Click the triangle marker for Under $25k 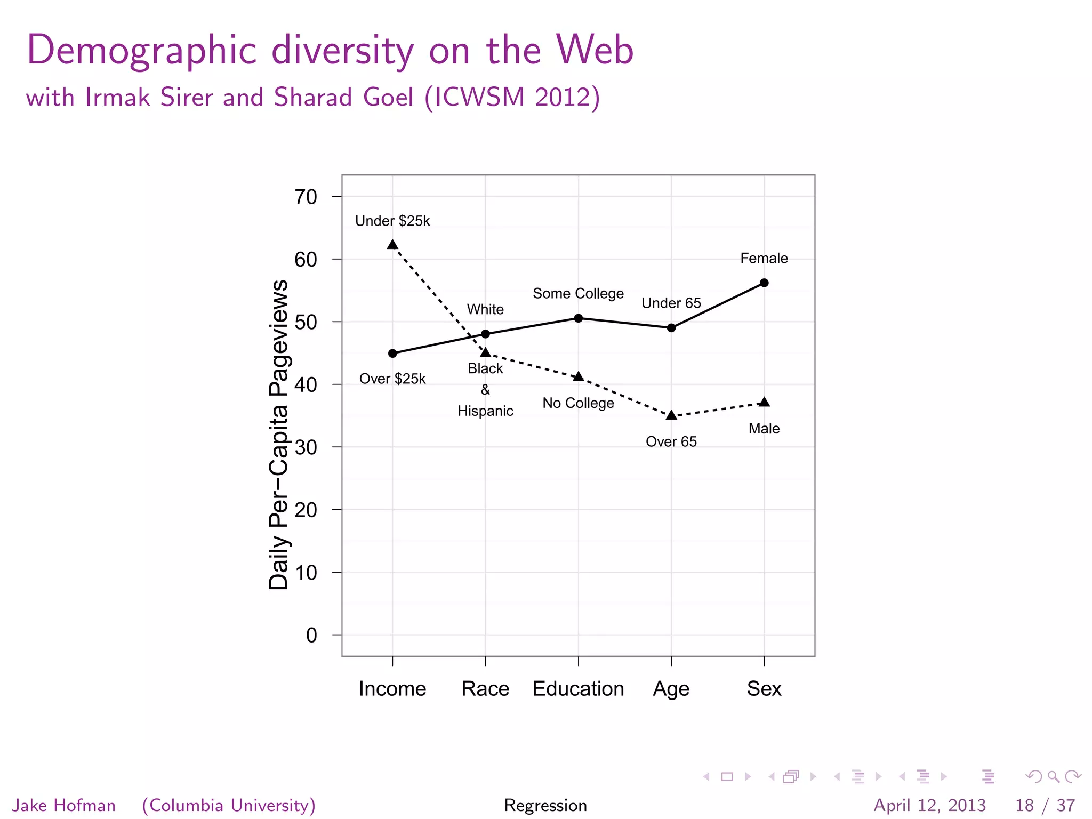392,245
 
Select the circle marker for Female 764,283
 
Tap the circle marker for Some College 579,318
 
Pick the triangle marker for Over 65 671,415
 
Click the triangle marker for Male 764,402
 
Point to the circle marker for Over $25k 392,354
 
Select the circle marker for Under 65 671,328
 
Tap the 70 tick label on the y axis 306,197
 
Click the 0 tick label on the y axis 311,636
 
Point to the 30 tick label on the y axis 306,447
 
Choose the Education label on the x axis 578,689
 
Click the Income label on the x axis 392,689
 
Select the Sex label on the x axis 764,689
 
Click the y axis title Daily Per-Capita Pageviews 279,435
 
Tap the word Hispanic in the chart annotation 485,411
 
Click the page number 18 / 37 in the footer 1045,805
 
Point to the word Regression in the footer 545,805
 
